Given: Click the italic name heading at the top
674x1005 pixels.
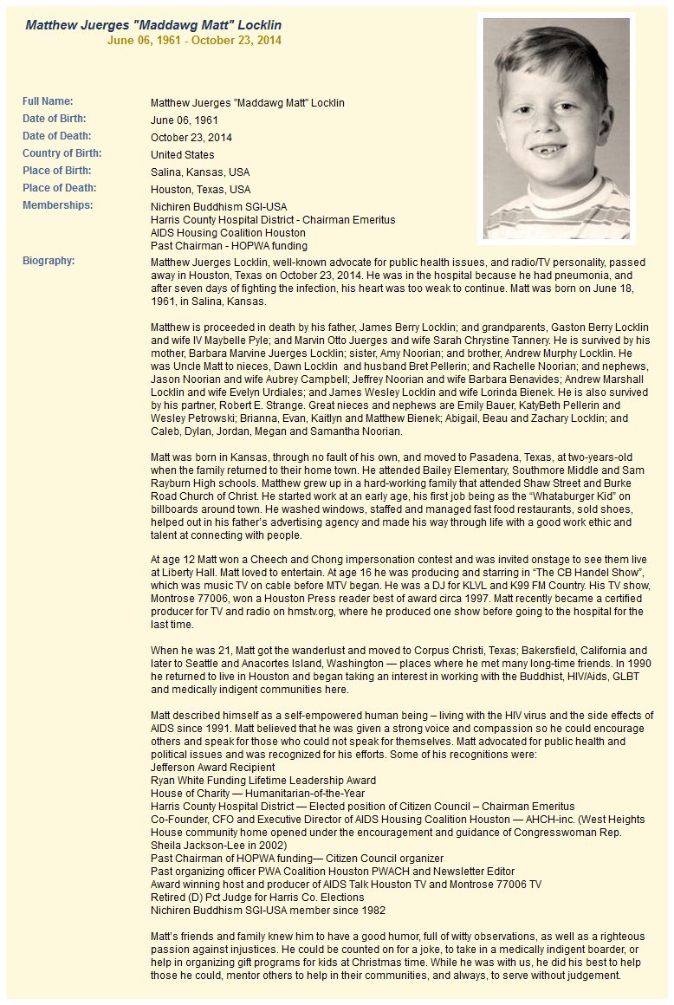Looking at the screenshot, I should pos(153,24).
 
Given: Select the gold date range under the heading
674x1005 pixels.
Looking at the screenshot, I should pos(194,40).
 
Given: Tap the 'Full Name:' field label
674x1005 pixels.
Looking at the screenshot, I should pos(48,101).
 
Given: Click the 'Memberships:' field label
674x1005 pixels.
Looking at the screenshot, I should pos(57,205).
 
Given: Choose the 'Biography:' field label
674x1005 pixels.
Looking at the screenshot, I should pos(49,261).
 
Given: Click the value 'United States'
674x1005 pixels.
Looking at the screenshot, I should pos(182,155).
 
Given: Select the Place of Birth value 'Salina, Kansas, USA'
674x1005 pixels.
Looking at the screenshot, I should pos(200,172).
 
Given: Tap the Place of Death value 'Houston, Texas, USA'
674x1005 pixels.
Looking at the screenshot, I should pos(201,190).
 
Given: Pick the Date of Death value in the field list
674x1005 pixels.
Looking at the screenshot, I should pos(191,138).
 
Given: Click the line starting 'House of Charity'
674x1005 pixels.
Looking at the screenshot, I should pos(257,794).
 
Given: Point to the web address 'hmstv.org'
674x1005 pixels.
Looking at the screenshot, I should pos(318,612).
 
